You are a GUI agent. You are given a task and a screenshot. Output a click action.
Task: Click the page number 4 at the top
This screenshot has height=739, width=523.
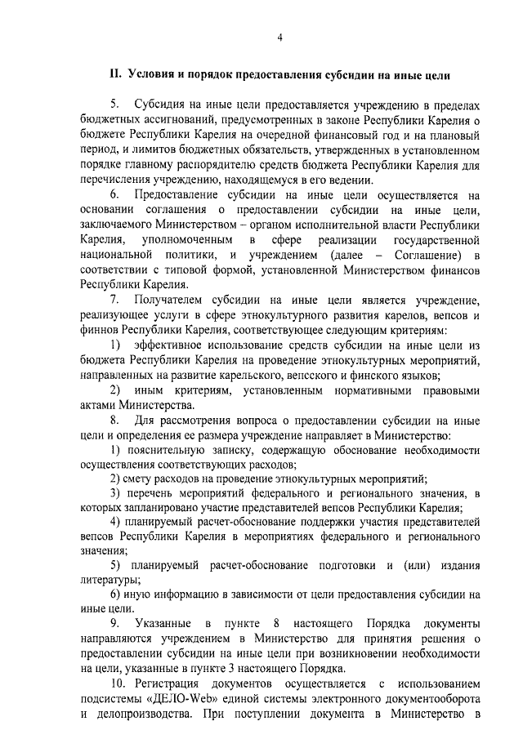point(279,37)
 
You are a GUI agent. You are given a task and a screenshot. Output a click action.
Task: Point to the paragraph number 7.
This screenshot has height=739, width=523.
point(114,300)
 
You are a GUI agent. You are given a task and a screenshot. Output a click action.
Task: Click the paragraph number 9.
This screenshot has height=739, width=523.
point(114,624)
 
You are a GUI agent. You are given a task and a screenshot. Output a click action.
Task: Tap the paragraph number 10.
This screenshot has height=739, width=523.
point(118,683)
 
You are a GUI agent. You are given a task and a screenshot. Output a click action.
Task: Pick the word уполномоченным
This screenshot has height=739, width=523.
point(187,240)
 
